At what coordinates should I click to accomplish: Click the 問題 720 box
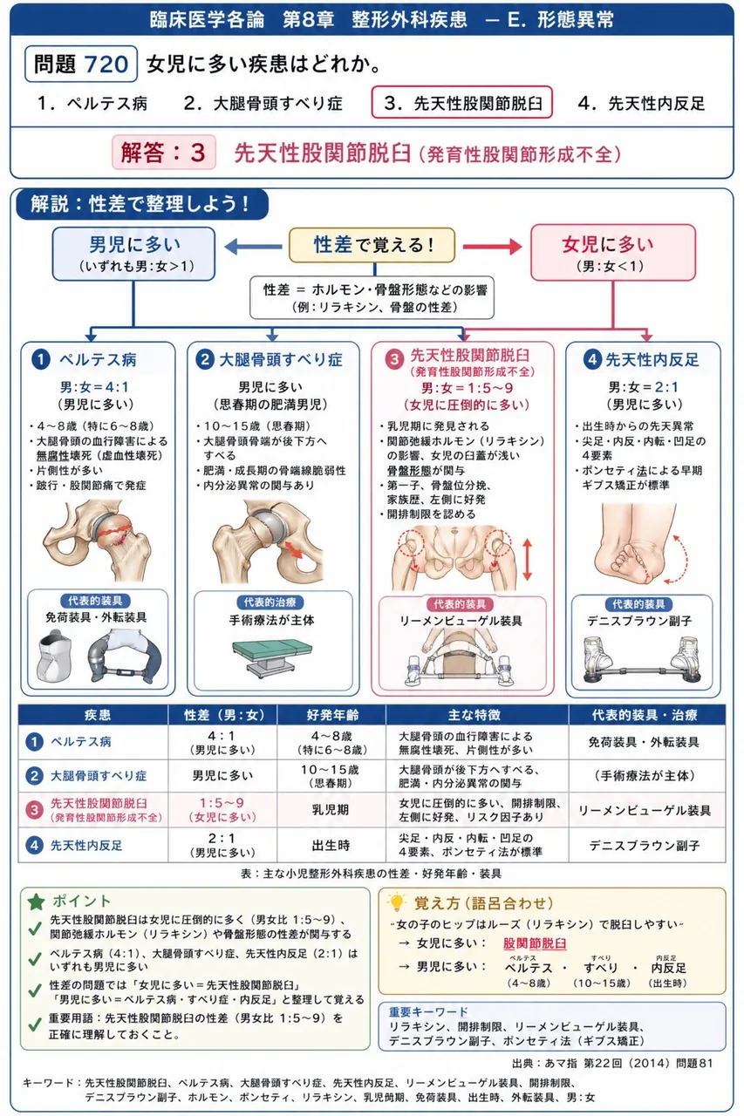(x=81, y=64)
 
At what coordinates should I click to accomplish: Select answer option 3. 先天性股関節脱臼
(x=462, y=103)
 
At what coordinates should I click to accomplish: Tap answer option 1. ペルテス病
(x=92, y=103)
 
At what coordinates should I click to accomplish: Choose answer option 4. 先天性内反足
(x=642, y=103)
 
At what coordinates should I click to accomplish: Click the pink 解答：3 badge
(x=163, y=152)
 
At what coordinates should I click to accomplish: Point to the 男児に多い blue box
(x=133, y=254)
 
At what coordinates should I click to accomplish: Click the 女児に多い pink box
(x=612, y=253)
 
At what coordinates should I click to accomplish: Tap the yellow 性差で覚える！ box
(x=372, y=245)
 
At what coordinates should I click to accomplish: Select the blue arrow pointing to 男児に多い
(x=253, y=246)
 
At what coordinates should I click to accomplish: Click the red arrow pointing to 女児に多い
(x=492, y=246)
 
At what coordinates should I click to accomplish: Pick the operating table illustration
(x=272, y=657)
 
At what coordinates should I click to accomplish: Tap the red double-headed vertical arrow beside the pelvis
(x=528, y=560)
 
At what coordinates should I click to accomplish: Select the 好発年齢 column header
(x=332, y=715)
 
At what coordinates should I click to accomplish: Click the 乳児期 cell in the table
(x=331, y=810)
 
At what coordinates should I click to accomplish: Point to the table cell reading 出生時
(x=331, y=845)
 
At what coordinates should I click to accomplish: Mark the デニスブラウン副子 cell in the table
(x=646, y=845)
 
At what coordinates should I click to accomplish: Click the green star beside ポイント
(x=37, y=902)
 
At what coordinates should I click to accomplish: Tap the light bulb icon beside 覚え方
(x=397, y=902)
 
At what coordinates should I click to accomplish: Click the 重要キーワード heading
(x=428, y=1011)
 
